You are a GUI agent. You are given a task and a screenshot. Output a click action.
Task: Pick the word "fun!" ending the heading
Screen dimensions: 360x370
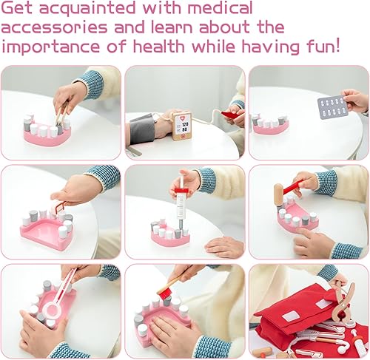point(341,47)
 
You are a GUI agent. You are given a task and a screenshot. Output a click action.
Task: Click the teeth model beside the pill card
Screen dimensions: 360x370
point(270,126)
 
